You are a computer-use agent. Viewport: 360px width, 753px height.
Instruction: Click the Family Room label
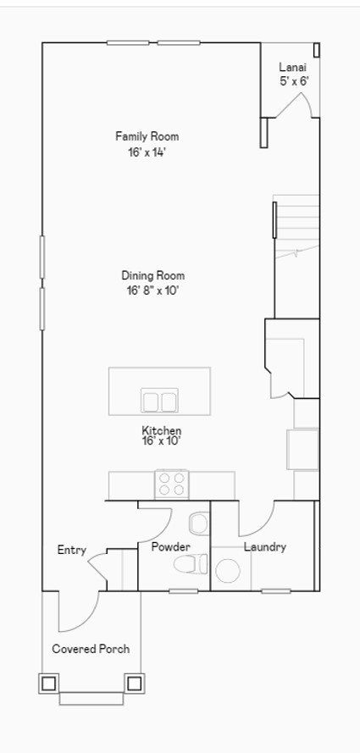[x=147, y=136]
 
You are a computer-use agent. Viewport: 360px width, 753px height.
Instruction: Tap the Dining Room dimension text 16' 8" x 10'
[x=152, y=291]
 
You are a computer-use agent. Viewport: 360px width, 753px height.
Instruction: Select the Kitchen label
[x=161, y=429]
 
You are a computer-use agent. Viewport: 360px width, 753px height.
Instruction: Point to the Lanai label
[x=293, y=68]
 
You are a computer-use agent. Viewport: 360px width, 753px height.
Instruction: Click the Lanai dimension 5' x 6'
[x=294, y=81]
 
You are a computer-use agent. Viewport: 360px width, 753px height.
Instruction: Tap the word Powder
[x=171, y=546]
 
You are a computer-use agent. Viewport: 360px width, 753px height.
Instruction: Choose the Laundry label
[x=265, y=546]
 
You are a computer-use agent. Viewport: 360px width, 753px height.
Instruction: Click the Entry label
[x=71, y=551]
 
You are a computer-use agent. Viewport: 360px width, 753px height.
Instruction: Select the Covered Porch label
[x=91, y=650]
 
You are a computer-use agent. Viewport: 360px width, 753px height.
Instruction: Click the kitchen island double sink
[x=159, y=401]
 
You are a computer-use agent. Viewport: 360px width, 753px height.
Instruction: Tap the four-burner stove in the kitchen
[x=172, y=484]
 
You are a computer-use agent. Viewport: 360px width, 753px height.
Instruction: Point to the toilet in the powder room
[x=191, y=563]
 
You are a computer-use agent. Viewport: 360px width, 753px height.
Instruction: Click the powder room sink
[x=199, y=524]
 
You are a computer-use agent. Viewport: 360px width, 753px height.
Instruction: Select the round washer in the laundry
[x=228, y=571]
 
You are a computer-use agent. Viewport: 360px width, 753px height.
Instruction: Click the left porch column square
[x=48, y=683]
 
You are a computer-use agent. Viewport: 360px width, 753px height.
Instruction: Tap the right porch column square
[x=135, y=683]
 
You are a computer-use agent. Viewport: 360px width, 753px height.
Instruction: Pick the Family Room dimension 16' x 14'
[x=147, y=152]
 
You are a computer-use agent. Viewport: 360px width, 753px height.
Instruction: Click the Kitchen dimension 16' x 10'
[x=161, y=440]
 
